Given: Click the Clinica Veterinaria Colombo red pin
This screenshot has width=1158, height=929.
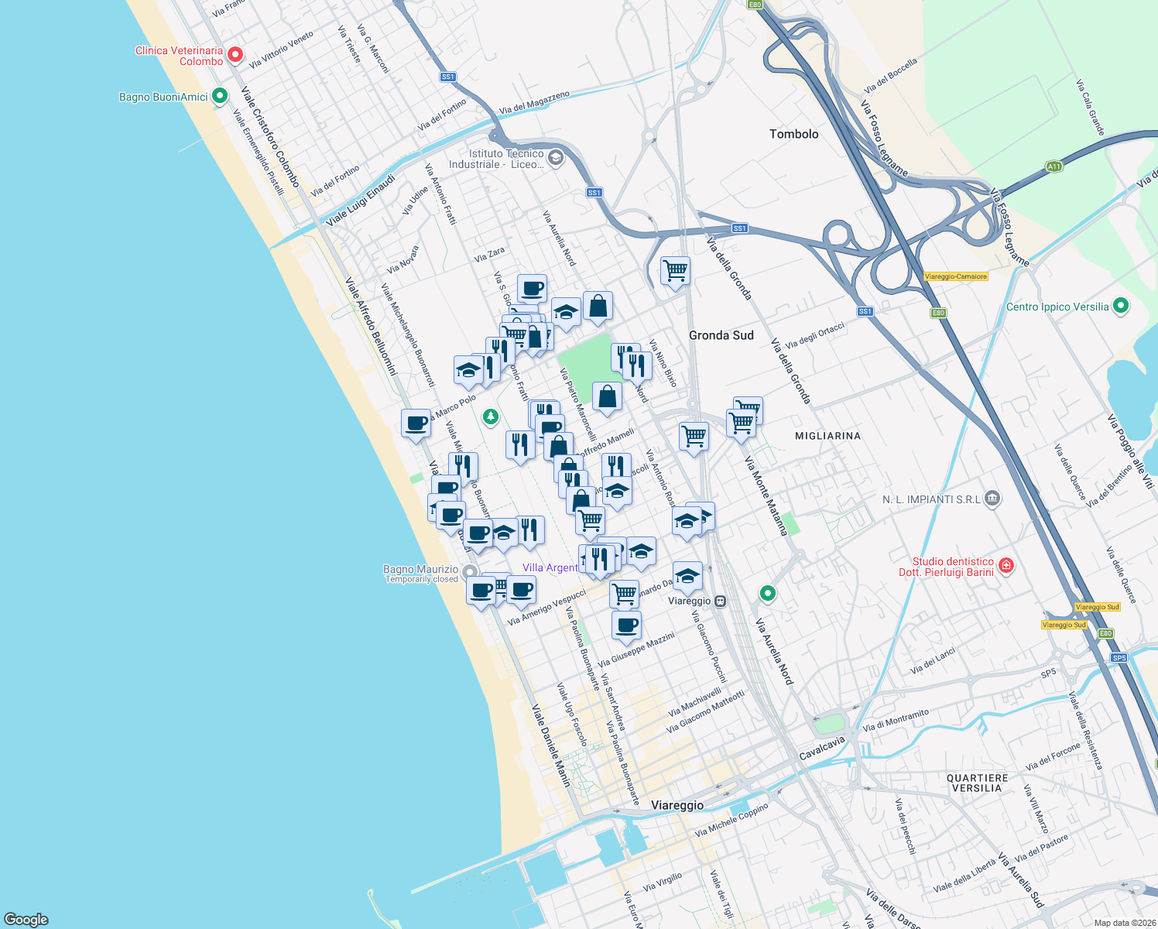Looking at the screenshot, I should [235, 56].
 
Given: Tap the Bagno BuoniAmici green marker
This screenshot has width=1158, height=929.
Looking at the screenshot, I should [220, 97].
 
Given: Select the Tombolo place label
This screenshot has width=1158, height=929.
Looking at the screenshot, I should [793, 134].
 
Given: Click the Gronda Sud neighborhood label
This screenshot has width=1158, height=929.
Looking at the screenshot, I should [721, 335].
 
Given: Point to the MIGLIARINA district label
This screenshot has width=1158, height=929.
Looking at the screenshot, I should [827, 436].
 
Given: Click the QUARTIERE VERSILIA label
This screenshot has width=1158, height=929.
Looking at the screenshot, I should [977, 783].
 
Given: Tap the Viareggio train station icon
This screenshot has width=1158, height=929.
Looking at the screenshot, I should [720, 601].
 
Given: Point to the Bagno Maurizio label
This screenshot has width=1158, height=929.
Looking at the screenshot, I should [420, 569].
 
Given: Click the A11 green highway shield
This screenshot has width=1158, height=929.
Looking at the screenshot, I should [1054, 166].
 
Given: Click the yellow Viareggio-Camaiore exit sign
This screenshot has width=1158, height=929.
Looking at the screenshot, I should [956, 276].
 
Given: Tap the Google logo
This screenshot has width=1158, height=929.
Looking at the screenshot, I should [26, 919].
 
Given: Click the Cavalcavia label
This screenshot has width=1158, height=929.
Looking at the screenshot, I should [822, 748].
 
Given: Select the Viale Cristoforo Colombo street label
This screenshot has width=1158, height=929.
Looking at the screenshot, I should [269, 136].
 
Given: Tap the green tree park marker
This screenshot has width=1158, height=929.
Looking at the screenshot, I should [490, 417].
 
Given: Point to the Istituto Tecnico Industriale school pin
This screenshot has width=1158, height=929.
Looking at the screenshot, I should [555, 159].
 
